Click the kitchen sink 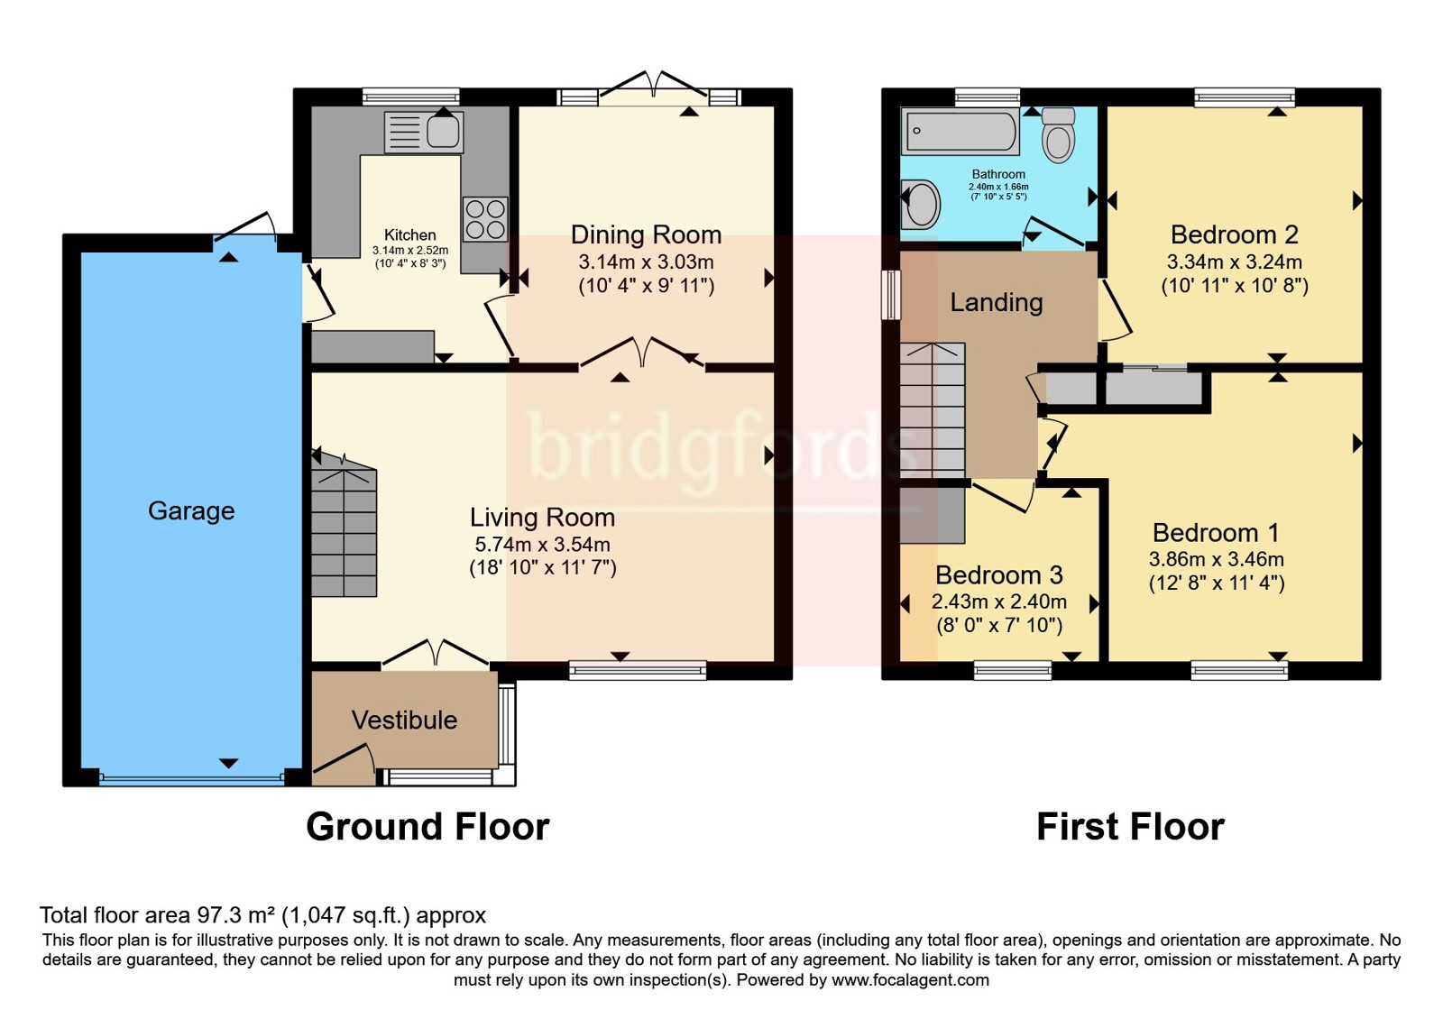coord(423,132)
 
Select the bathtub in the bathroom coord(960,132)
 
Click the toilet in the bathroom coord(1059,134)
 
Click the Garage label coord(191,511)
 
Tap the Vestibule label coord(405,721)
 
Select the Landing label coord(997,303)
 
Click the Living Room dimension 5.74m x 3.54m coord(542,545)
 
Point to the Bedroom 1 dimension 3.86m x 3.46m coord(1217,559)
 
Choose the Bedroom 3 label coord(999,574)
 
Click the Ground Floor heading coord(427,826)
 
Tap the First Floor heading coord(1131,826)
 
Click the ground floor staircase coord(344,525)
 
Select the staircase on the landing coord(933,410)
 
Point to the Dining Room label coord(646,234)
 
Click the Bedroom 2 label coord(1235,234)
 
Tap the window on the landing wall coord(891,295)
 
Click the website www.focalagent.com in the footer coord(910,980)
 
